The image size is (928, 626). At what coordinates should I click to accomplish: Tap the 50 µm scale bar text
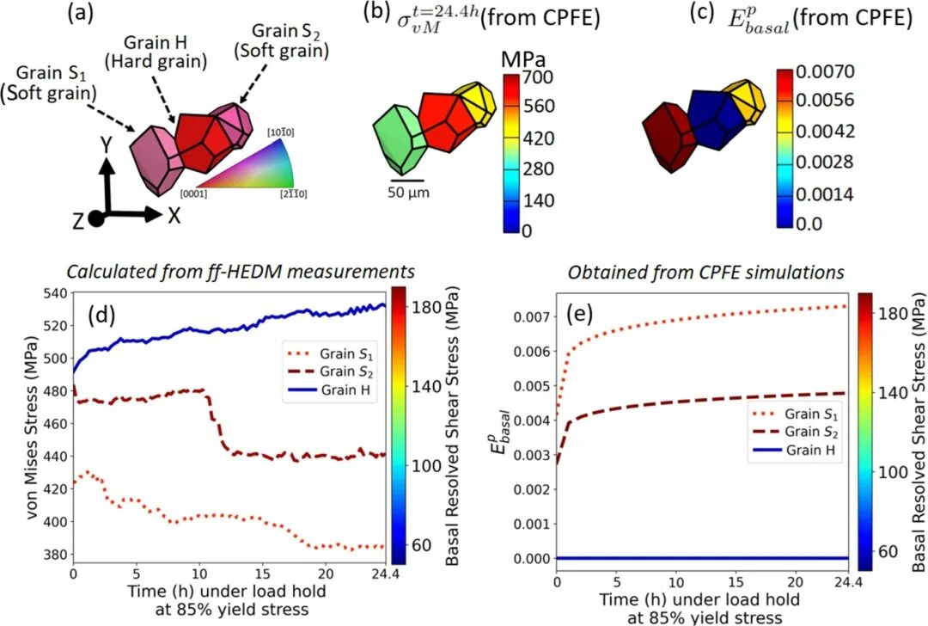tap(406, 192)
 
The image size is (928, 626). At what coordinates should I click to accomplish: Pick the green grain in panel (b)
tap(400, 138)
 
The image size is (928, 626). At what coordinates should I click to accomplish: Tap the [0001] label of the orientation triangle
tap(194, 193)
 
